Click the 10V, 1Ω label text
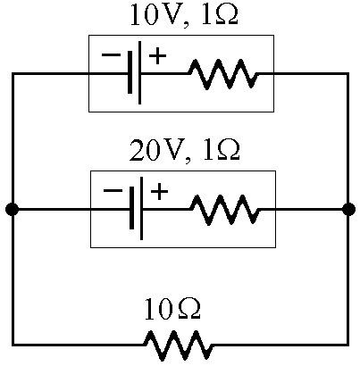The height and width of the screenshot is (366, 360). pyautogui.click(x=184, y=14)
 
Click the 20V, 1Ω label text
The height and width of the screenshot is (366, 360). pyautogui.click(x=184, y=151)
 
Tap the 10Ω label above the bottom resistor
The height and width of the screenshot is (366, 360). pyautogui.click(x=172, y=310)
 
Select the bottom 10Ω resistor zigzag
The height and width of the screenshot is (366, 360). pyautogui.click(x=178, y=345)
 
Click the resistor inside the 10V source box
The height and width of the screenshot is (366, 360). pyautogui.click(x=223, y=74)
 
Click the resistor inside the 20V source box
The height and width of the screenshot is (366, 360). pyautogui.click(x=225, y=210)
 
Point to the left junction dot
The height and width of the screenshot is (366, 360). pyautogui.click(x=13, y=210)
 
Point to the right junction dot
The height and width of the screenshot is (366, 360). pyautogui.click(x=348, y=210)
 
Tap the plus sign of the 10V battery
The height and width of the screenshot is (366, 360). pyautogui.click(x=157, y=55)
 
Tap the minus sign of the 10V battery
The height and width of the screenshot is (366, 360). pyautogui.click(x=111, y=54)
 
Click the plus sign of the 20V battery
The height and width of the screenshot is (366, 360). pyautogui.click(x=159, y=192)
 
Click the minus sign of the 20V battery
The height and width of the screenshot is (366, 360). pyautogui.click(x=113, y=190)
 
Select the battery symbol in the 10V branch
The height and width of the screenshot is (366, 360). pyautogui.click(x=135, y=73)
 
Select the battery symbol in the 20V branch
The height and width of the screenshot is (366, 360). pyautogui.click(x=137, y=208)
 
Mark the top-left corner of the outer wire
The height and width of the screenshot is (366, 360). pyautogui.click(x=13, y=73)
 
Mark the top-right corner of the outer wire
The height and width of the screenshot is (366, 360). pyautogui.click(x=347, y=73)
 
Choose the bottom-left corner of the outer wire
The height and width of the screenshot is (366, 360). pyautogui.click(x=13, y=345)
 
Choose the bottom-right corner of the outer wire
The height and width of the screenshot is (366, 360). pyautogui.click(x=347, y=345)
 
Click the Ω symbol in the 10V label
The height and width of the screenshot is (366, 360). pyautogui.click(x=226, y=14)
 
